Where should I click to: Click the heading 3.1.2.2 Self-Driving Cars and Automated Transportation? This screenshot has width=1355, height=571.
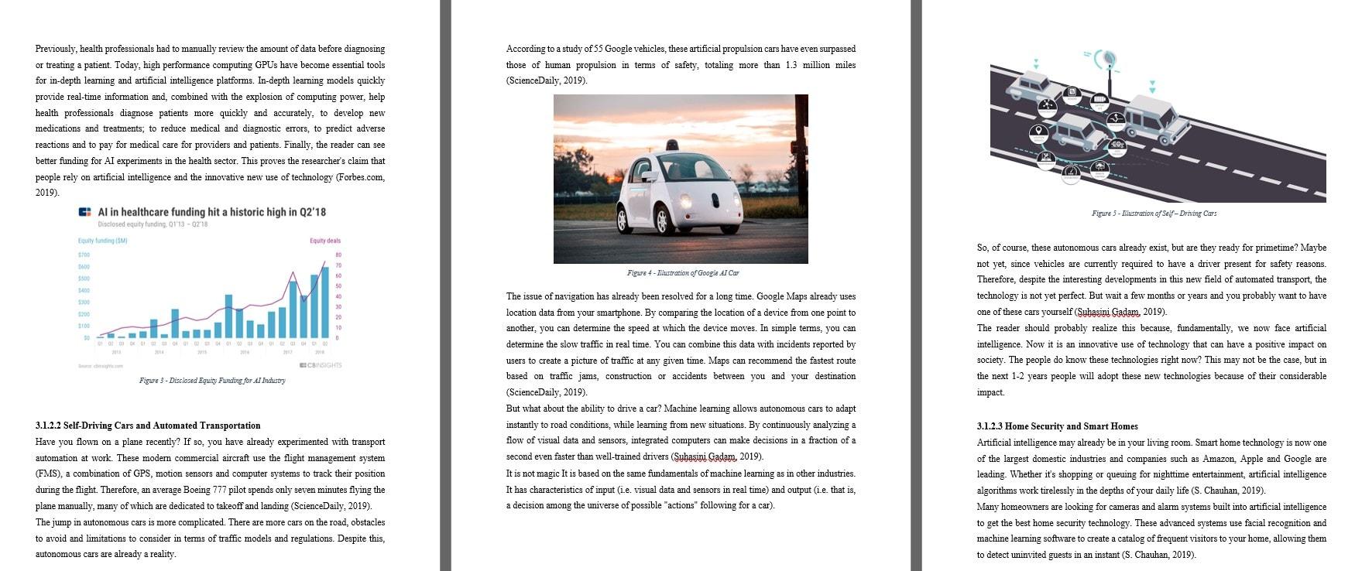pyautogui.click(x=148, y=426)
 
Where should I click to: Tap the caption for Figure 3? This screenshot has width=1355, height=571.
pyautogui.click(x=212, y=381)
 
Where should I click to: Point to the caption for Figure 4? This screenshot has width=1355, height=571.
pyautogui.click(x=682, y=273)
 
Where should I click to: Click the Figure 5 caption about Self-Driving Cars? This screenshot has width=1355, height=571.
pyautogui.click(x=1154, y=214)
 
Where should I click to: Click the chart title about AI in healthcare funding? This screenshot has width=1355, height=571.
pyautogui.click(x=211, y=212)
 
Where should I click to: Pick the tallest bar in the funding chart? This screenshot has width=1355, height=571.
pyautogui.click(x=325, y=303)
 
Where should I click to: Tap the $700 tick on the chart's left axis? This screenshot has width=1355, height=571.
pyautogui.click(x=84, y=255)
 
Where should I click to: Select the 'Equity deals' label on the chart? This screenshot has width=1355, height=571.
pyautogui.click(x=325, y=241)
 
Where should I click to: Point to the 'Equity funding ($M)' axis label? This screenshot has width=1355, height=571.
pyautogui.click(x=102, y=241)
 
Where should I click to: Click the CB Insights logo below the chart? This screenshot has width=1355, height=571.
pyautogui.click(x=320, y=365)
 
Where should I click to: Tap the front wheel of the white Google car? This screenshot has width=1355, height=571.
pyautogui.click(x=661, y=220)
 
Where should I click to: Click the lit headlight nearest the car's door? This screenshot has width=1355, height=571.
pyautogui.click(x=685, y=202)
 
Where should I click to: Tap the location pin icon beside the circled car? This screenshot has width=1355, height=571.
pyautogui.click(x=1037, y=132)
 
